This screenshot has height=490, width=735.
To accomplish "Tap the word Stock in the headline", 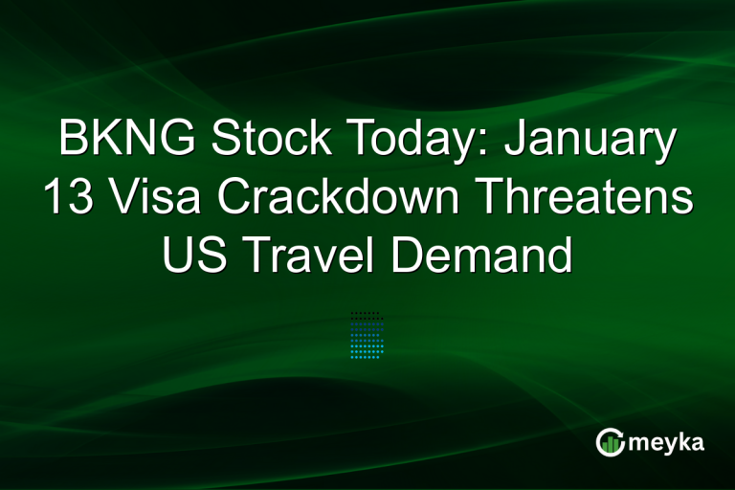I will pos(254,142).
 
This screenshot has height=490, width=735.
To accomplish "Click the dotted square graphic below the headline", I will pos(367,334).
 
